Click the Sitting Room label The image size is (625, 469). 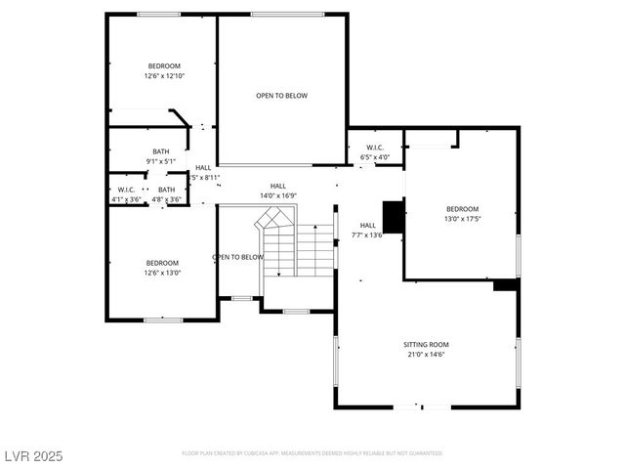[427, 345]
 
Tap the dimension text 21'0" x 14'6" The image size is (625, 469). [427, 355]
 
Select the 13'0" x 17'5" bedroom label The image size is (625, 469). [463, 209]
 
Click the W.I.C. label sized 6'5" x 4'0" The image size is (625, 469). [375, 149]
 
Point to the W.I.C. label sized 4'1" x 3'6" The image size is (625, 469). [126, 190]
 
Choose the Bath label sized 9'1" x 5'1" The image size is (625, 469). [160, 151]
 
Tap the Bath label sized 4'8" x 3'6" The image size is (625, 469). [167, 190]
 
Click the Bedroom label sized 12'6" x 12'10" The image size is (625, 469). [165, 65]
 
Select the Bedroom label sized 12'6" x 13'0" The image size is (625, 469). [163, 263]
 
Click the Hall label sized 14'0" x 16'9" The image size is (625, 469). [278, 186]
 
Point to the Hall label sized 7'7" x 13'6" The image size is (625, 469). [367, 226]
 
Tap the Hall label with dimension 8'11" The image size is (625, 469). [203, 168]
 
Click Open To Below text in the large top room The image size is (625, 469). [281, 95]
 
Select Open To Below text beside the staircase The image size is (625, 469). [238, 257]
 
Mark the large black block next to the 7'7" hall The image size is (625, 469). [394, 216]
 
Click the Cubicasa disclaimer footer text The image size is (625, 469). [312, 453]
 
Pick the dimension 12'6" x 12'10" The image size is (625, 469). [165, 76]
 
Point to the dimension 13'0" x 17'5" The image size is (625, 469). [463, 219]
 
